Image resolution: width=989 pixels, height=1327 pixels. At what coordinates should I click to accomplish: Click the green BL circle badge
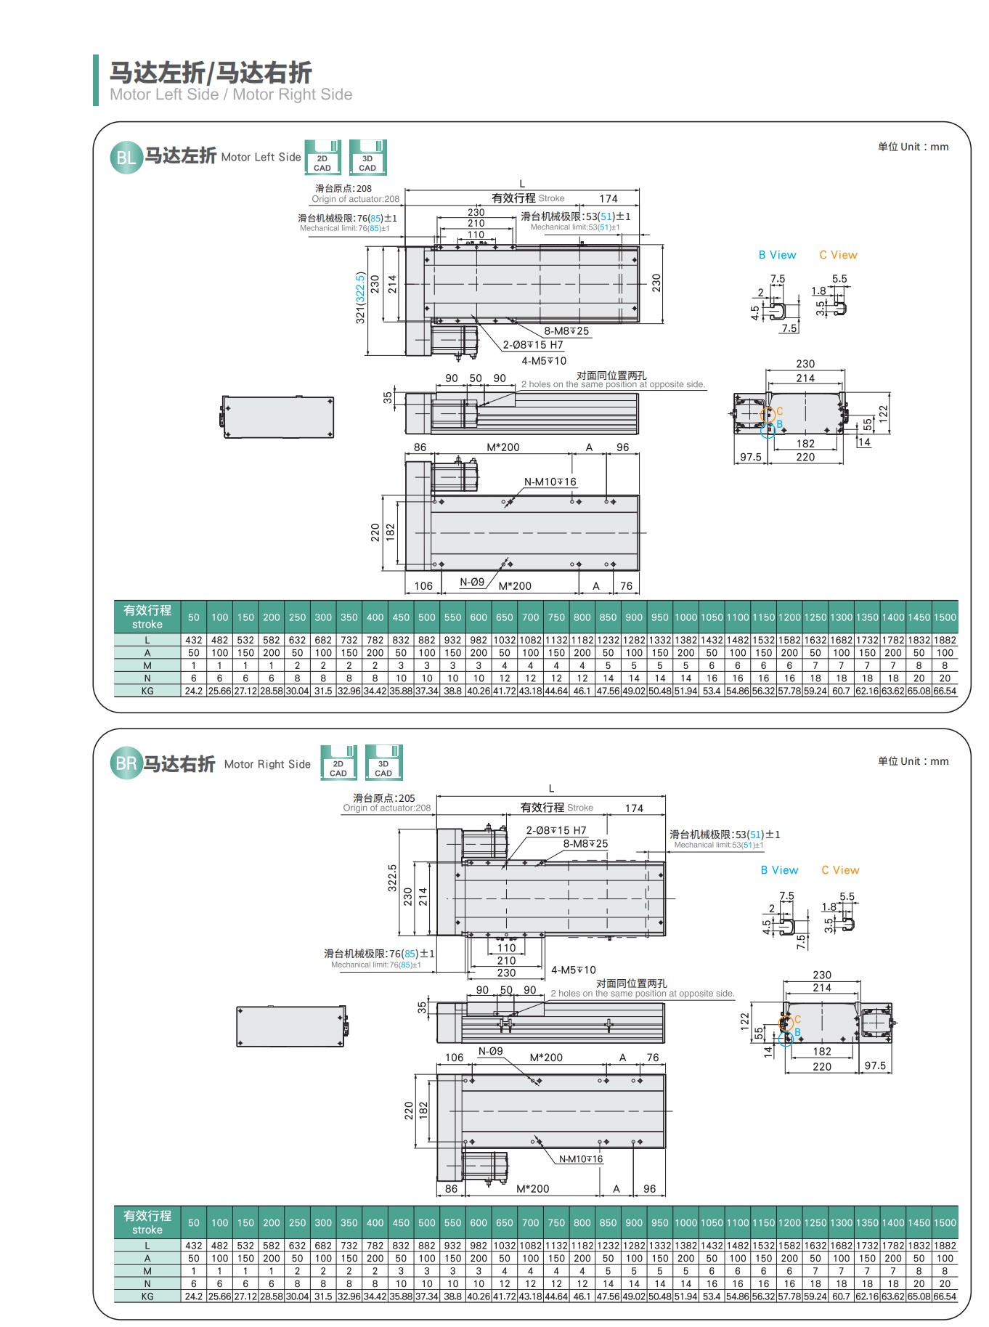tap(126, 158)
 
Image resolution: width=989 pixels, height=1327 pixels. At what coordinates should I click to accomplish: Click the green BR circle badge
tap(126, 764)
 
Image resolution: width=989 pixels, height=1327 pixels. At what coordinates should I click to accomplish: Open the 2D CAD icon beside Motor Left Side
tap(322, 158)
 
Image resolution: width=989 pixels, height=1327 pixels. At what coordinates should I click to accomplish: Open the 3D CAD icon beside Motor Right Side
tap(383, 763)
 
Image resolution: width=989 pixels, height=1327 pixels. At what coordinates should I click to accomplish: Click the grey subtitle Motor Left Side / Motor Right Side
tap(231, 94)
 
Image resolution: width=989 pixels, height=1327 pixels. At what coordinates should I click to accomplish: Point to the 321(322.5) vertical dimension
tap(360, 298)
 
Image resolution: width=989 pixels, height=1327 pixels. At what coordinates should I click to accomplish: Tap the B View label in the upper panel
tap(777, 255)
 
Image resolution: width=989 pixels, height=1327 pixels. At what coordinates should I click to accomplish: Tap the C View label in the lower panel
tap(840, 870)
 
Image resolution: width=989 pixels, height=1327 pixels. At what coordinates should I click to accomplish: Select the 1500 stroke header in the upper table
tap(945, 617)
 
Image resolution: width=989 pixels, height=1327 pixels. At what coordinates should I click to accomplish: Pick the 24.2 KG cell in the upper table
tap(194, 691)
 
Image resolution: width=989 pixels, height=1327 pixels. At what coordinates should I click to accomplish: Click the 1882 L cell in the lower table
tap(945, 1246)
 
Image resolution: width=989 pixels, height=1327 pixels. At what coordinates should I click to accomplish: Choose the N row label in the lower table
tap(147, 1283)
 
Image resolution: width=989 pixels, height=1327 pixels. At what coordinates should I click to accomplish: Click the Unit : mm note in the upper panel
tap(913, 147)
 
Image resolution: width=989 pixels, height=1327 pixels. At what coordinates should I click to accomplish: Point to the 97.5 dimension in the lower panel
tap(875, 1066)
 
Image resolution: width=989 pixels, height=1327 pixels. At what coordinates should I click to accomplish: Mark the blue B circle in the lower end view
tap(786, 1039)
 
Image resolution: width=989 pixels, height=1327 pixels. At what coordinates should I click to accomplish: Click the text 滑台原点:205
tap(384, 798)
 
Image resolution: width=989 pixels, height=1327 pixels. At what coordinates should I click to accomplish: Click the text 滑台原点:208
tap(343, 188)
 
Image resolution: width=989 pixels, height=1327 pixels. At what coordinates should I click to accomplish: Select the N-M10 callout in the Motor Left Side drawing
tap(550, 482)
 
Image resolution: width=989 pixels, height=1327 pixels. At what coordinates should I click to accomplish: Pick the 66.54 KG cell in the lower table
tap(945, 1296)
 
